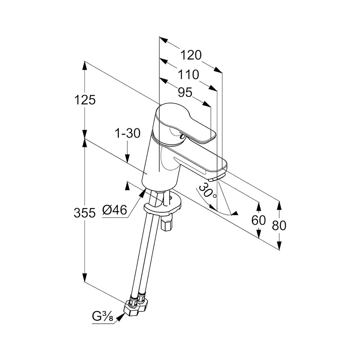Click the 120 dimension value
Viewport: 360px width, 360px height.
pos(191,55)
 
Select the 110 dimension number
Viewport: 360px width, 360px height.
pos(189,75)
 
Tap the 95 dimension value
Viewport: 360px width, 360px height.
pos(185,93)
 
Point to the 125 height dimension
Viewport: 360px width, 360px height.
pos(85,100)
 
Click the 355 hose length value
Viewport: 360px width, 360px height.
pos(85,213)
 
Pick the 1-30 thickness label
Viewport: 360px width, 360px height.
pos(127,134)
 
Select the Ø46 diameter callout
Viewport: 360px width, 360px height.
pos(114,210)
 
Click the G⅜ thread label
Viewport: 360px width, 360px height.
pos(103,317)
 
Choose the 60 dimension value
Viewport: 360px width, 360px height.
pos(258,220)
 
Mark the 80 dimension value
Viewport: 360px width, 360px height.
pos(279,225)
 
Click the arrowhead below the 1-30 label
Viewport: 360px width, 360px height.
pos(127,158)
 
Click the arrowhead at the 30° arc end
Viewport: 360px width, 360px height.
pos(235,213)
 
